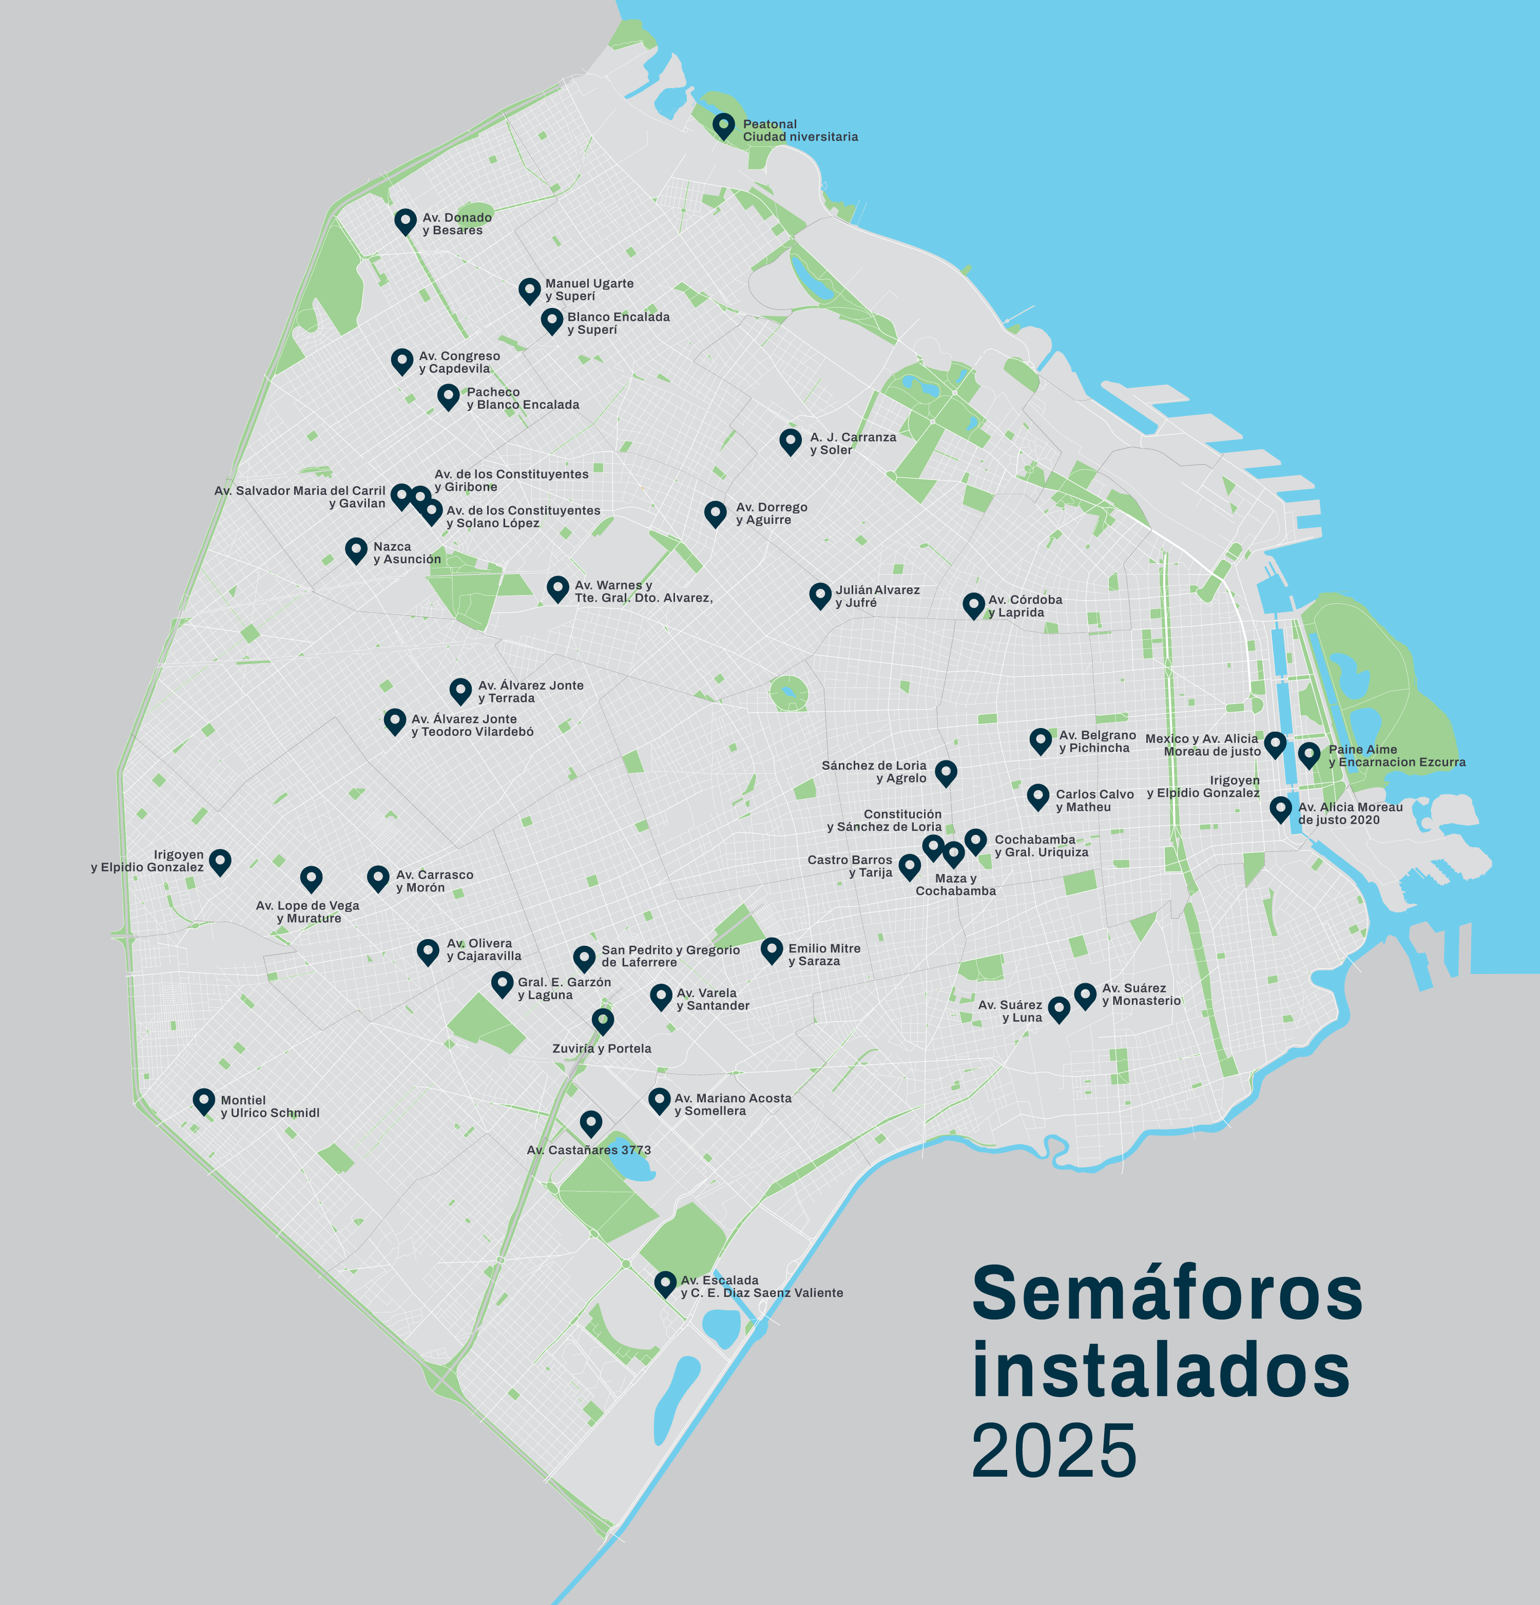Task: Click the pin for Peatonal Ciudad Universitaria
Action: coord(723,125)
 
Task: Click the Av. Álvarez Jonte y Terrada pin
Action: coord(461,690)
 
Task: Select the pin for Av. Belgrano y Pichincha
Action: coord(1041,740)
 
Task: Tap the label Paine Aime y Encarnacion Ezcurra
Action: coord(1396,756)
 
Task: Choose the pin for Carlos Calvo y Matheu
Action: coord(1038,796)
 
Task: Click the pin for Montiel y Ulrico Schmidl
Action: coord(204,1101)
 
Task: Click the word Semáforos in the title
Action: coord(1167,1294)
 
